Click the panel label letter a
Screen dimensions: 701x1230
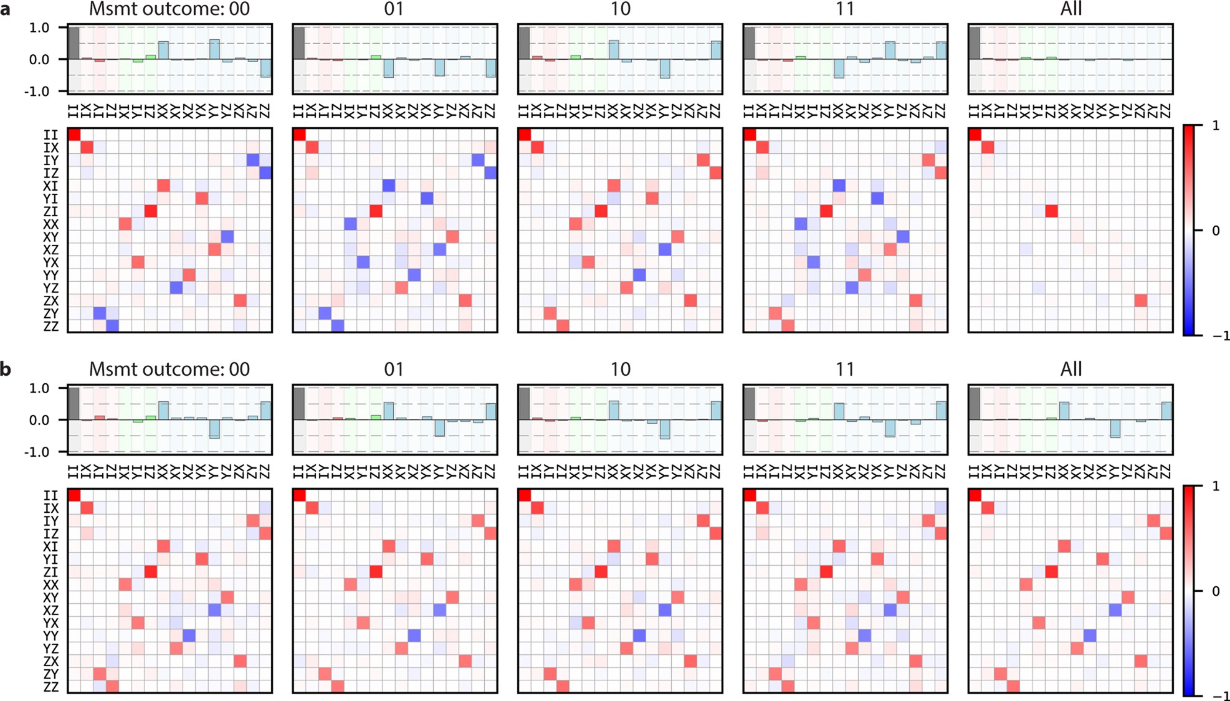[x=6, y=10]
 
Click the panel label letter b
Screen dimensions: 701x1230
[x=6, y=370]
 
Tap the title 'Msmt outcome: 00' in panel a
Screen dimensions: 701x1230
[x=169, y=9]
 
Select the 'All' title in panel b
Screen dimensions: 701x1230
[x=1070, y=370]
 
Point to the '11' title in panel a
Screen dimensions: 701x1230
[x=845, y=9]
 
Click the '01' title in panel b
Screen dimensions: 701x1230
[x=394, y=370]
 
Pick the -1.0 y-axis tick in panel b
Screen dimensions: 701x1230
[x=39, y=452]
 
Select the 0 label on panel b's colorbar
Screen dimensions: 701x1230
[x=1216, y=591]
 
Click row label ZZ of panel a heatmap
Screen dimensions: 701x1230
[x=51, y=327]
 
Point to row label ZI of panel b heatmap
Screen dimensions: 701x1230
[x=51, y=572]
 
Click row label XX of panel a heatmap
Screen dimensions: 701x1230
[x=51, y=224]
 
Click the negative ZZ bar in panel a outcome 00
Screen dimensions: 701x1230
[x=265, y=68]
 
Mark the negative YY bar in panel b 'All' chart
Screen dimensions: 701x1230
[x=1115, y=429]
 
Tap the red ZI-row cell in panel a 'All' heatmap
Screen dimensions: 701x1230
[x=1051, y=211]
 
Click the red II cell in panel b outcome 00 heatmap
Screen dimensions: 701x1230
[x=74, y=495]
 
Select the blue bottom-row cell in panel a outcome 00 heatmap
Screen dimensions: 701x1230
[x=112, y=326]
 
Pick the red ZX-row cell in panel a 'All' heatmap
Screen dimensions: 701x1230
[x=1140, y=300]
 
